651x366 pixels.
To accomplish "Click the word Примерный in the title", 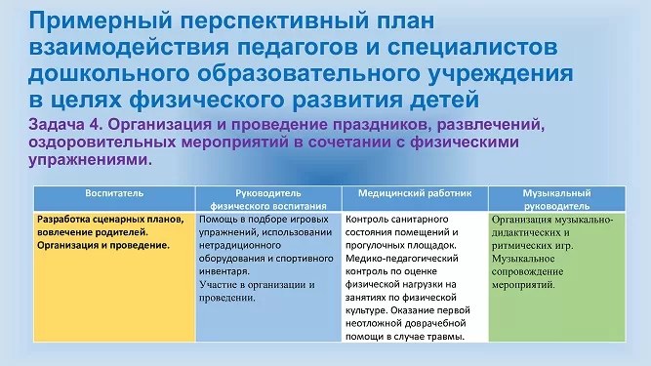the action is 101,21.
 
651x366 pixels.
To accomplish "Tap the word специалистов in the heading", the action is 472,47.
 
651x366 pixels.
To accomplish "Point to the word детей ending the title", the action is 444,100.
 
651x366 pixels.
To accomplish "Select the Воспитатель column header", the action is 114,193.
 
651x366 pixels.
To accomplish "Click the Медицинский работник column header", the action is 415,193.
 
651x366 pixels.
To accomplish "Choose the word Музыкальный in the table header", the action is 556,193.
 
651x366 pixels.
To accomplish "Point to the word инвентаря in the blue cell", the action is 224,271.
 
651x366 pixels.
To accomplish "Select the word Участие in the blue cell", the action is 217,285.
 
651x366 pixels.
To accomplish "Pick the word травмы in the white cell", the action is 449,337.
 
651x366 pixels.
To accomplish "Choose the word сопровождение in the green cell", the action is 528,272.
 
